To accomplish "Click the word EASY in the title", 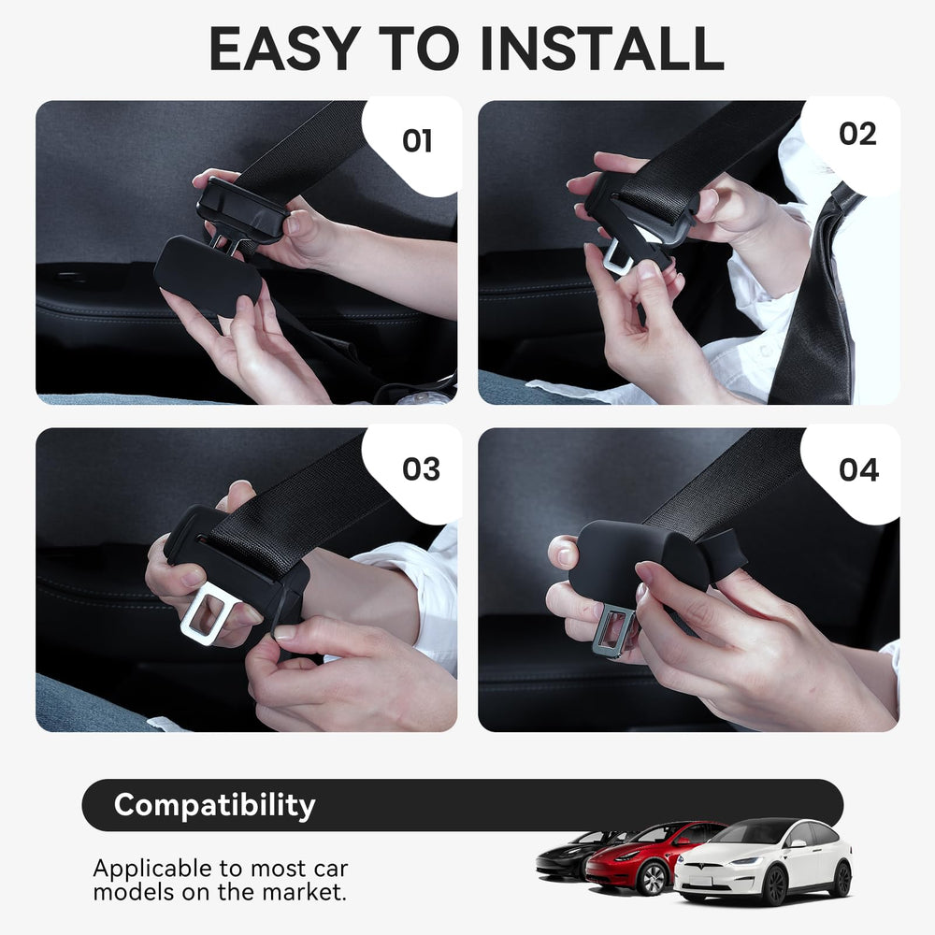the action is tap(284, 50).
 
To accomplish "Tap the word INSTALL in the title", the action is tap(602, 50).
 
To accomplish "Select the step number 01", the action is tap(417, 141).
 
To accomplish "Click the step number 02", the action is tap(857, 134).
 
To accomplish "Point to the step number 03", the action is tap(421, 469).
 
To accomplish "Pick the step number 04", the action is tap(858, 470).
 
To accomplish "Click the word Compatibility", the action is tap(215, 806).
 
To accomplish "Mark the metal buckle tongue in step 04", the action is tap(614, 629).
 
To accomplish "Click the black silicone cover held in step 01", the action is tap(207, 268).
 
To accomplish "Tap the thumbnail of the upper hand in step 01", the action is tap(292, 224).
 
